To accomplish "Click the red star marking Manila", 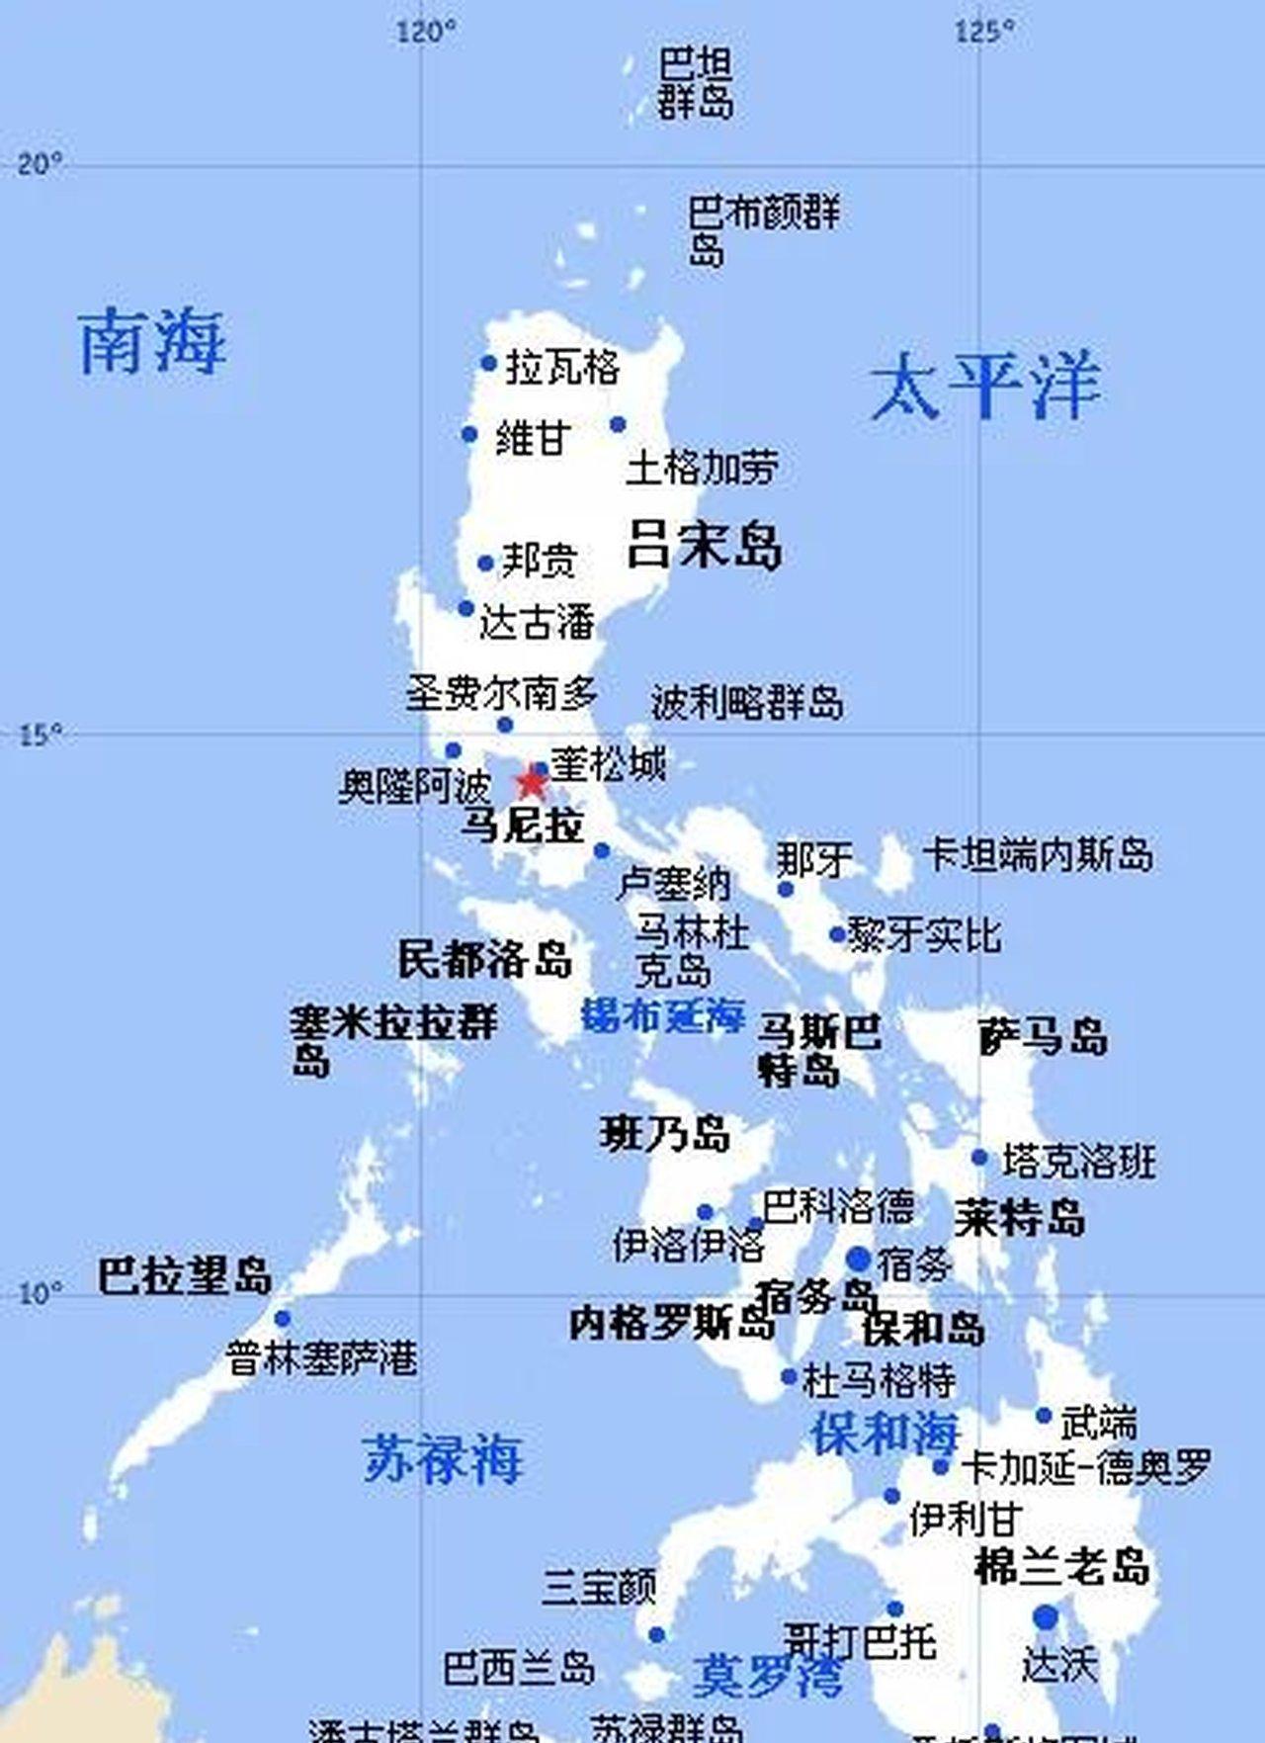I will click(531, 782).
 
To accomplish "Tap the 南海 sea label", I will click(152, 342).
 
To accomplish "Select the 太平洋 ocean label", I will click(985, 386).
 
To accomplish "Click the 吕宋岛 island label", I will click(704, 545).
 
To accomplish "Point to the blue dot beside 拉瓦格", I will click(488, 364).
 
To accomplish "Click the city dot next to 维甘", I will click(469, 434).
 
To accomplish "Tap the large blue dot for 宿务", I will click(859, 1260).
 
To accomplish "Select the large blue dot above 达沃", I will click(1046, 1617).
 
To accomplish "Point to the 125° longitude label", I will click(984, 33).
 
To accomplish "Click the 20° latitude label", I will click(41, 163).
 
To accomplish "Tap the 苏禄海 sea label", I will click(442, 1458).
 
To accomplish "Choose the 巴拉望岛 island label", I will click(185, 1276).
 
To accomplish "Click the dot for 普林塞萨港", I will click(283, 1319).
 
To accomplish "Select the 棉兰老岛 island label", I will click(1062, 1566).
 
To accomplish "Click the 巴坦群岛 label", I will click(696, 84).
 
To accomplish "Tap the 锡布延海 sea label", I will click(663, 1014).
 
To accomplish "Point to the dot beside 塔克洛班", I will click(979, 1158).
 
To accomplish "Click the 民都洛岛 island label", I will click(485, 959).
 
